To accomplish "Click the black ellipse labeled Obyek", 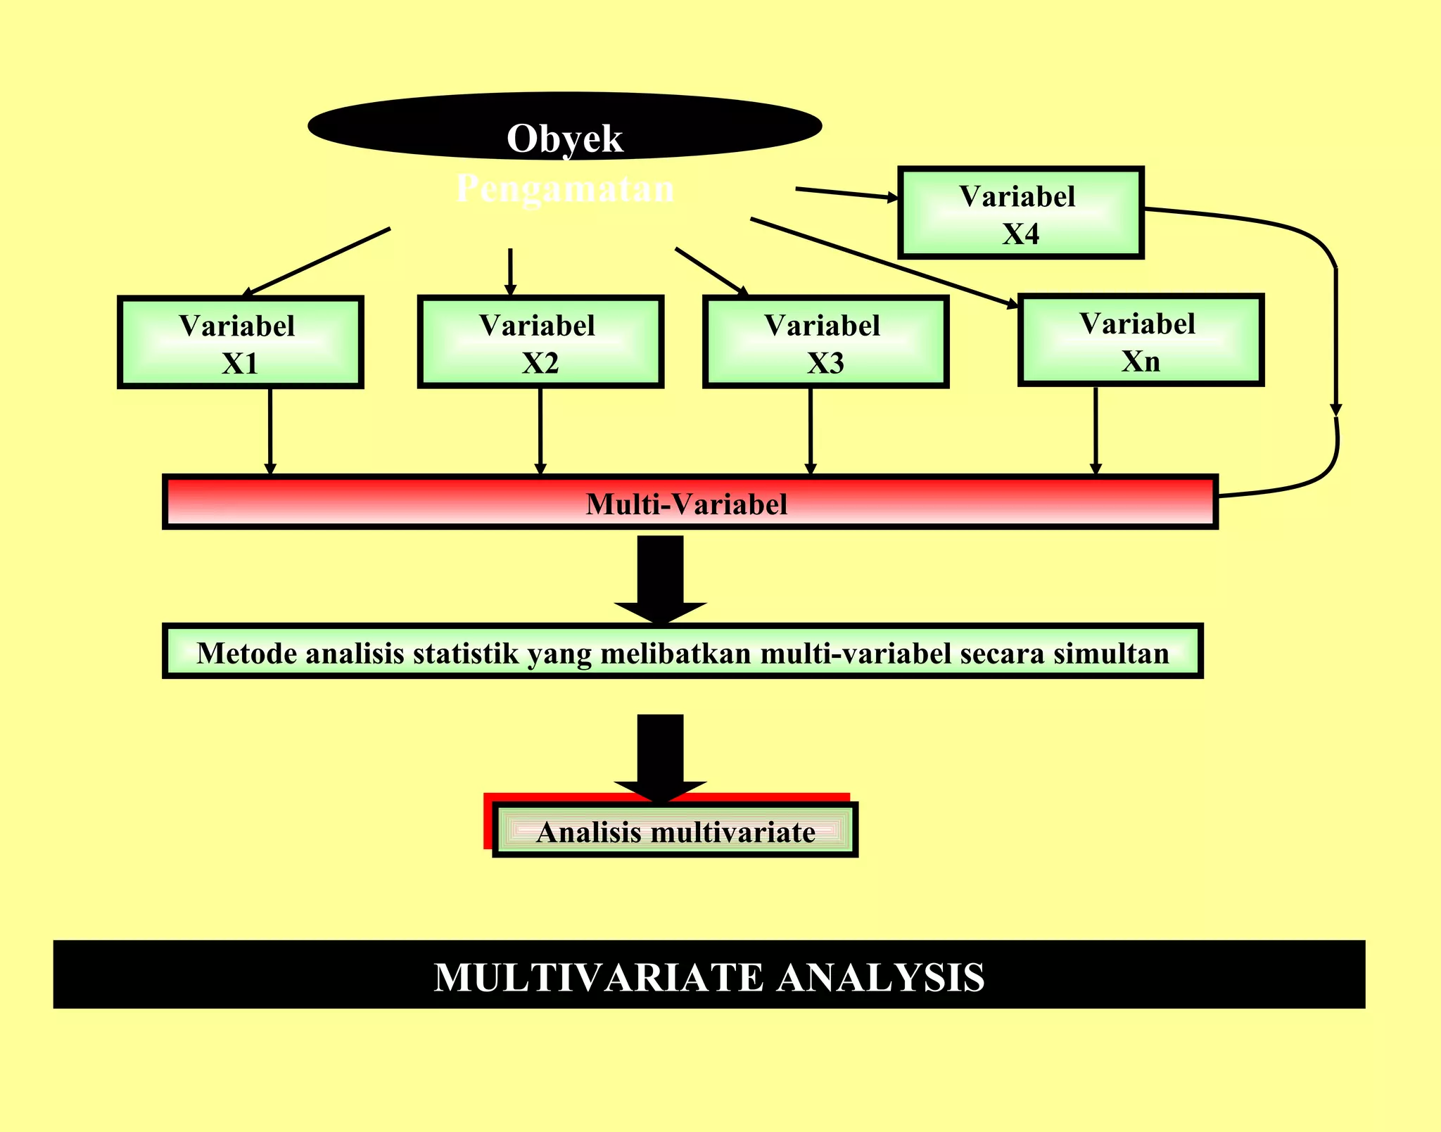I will point(564,127).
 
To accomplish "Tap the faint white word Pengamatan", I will point(565,189).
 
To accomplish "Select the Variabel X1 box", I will point(240,343).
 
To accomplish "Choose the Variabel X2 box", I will point(540,342).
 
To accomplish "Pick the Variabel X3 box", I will point(825,342).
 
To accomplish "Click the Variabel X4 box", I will point(1020,213).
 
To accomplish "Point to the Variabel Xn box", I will point(1141,341).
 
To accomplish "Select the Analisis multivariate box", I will point(675,831).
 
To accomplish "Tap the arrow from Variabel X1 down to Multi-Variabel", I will point(270,431).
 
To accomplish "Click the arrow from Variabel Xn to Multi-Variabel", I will point(1096,431).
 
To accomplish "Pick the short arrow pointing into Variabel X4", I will point(846,193).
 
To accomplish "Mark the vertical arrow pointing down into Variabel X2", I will point(511,271).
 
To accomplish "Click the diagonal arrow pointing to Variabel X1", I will point(317,261).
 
